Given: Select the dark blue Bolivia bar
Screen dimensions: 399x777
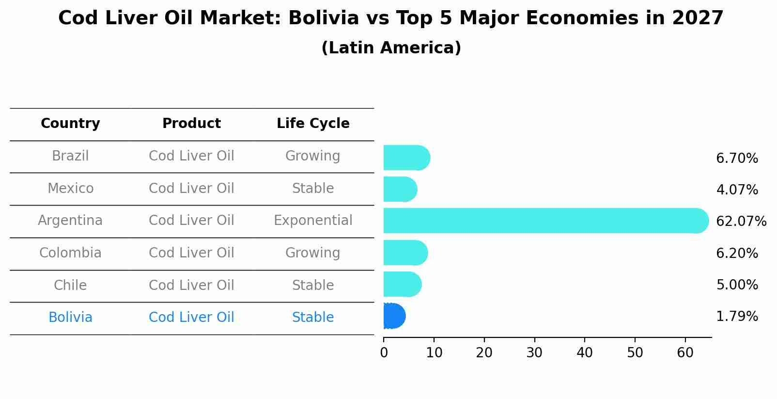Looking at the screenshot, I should tap(393, 316).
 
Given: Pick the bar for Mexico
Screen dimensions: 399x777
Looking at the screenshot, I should tap(400, 189).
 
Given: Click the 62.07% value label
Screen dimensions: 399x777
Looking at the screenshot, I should tap(741, 222).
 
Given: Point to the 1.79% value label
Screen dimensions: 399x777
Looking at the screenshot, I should tap(736, 317).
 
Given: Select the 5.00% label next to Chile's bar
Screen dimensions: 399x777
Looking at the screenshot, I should tap(736, 285).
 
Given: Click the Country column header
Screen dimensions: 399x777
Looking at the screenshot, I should tap(70, 124).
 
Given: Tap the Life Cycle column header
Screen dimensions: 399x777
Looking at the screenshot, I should tap(313, 124).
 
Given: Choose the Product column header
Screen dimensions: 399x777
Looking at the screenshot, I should tap(191, 124).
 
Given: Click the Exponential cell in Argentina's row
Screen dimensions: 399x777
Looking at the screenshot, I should tap(313, 221).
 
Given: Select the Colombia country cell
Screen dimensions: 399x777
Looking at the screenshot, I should tap(70, 253).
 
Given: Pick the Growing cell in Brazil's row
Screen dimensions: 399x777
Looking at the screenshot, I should tap(313, 156).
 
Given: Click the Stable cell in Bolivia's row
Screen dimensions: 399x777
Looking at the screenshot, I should tap(313, 318).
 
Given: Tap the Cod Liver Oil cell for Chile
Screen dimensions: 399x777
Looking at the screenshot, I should tap(191, 285).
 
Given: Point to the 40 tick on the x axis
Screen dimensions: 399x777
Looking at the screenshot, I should tap(585, 353).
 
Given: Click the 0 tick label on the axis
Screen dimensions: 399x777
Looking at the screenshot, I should tap(384, 353).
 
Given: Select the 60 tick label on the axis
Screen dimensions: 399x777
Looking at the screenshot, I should tap(685, 353).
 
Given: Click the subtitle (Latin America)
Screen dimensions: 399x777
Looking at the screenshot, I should tap(391, 48).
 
